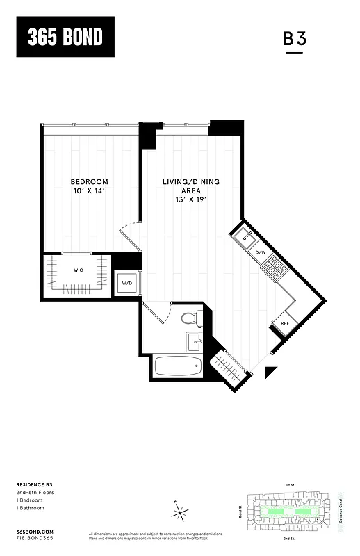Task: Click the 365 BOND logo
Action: pos(65,36)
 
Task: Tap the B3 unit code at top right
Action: pos(294,39)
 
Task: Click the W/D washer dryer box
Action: pos(127,284)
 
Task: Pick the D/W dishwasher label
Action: pos(261,252)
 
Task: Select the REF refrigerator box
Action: pos(285,324)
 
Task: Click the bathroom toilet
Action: pos(190,319)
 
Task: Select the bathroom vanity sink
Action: pos(194,341)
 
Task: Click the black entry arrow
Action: pos(270,374)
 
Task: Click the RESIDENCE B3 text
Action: pos(34,483)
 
